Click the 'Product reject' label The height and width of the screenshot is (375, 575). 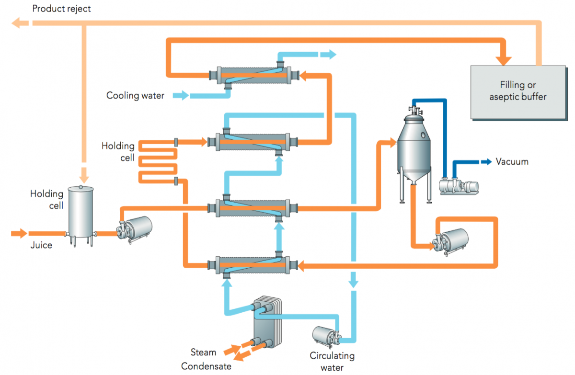(61, 9)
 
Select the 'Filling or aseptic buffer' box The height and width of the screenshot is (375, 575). (517, 91)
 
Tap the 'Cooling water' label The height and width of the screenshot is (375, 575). (135, 96)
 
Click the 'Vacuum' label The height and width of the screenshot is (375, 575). (512, 161)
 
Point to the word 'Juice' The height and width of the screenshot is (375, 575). (41, 245)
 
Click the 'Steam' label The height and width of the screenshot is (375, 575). (203, 352)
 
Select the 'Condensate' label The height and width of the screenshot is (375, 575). (206, 366)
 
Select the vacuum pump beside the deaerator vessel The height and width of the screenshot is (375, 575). (459, 186)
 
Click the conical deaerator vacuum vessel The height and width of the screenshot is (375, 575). (413, 144)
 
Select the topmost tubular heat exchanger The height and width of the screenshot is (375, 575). (254, 75)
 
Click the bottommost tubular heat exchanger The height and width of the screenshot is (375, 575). (254, 264)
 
